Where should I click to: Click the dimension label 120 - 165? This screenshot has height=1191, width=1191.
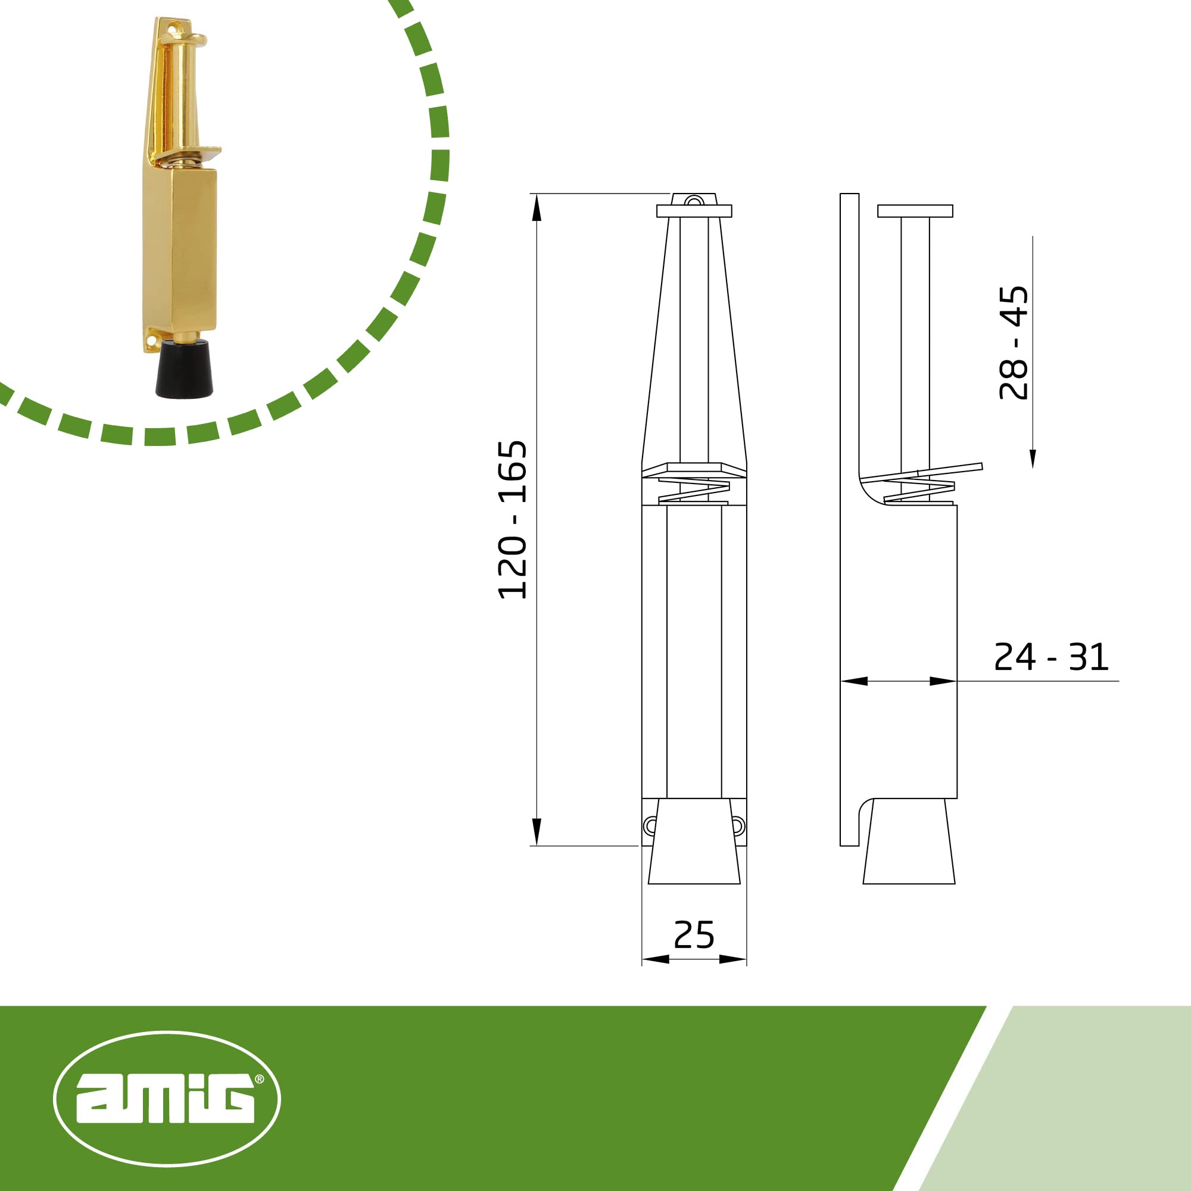[x=512, y=520]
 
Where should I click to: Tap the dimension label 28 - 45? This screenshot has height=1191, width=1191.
[x=1014, y=343]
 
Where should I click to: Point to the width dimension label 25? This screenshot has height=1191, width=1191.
[x=694, y=935]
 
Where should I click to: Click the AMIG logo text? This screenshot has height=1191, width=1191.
[x=165, y=1099]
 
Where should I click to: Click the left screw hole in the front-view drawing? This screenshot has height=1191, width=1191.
[x=650, y=826]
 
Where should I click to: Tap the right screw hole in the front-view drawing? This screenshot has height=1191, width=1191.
[x=738, y=826]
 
